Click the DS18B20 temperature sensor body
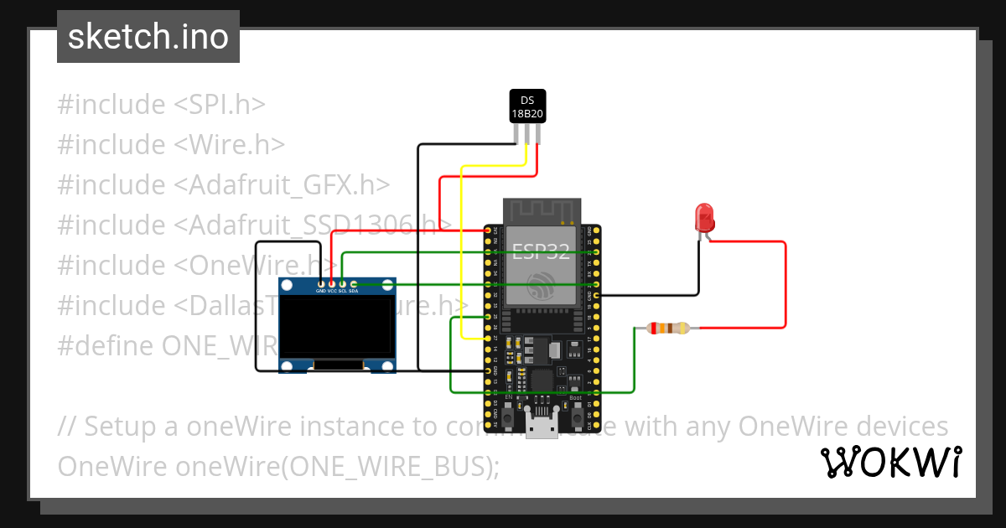point(527,106)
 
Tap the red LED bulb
point(705,218)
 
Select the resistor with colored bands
point(666,329)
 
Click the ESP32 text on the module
point(541,249)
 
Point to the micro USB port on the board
point(542,425)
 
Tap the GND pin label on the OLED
point(320,291)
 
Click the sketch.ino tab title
point(148,37)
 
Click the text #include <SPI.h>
point(161,105)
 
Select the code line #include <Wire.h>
point(171,145)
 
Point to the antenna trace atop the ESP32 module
point(541,210)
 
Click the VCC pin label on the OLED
point(332,291)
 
